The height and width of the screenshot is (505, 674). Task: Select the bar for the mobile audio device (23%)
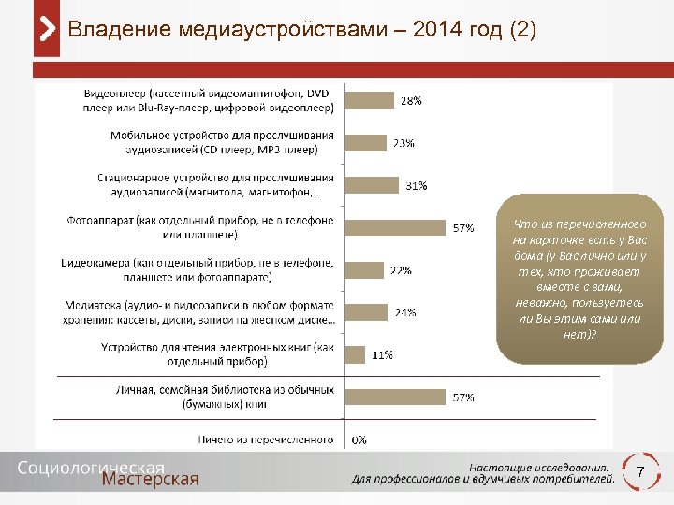coord(365,143)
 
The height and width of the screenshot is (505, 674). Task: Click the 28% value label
coord(411,100)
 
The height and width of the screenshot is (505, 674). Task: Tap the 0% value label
coord(359,439)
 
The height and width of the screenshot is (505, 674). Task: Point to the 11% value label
coord(382,354)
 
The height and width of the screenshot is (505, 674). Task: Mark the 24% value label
coord(404,312)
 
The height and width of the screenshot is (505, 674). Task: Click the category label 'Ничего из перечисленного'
coord(266,439)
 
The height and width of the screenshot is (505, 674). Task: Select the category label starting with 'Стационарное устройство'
coord(216,184)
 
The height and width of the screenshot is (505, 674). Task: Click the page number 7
coord(640,472)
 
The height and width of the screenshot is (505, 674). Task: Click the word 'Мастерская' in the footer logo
coord(151,479)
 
